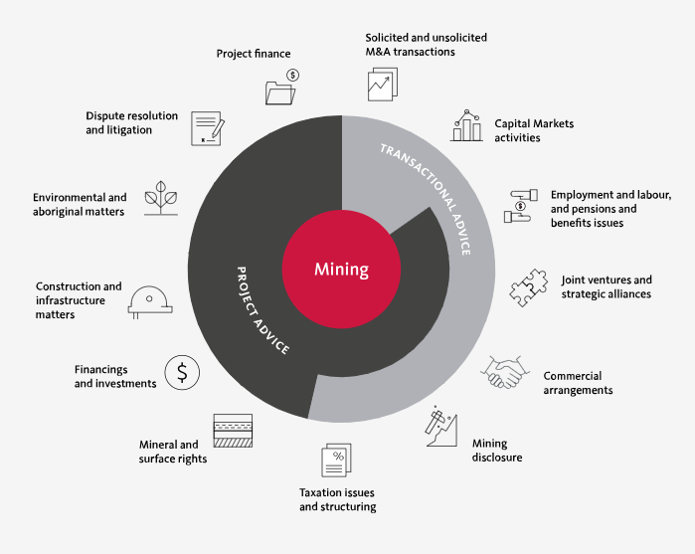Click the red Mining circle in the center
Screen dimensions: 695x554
point(341,270)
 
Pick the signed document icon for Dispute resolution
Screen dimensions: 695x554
point(208,128)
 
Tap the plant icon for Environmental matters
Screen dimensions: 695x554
point(161,198)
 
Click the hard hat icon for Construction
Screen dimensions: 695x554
point(150,302)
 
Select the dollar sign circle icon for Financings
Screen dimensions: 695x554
point(182,373)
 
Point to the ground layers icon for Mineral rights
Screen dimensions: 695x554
point(233,431)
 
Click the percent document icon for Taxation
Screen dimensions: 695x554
point(336,460)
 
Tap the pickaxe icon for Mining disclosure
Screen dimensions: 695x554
point(441,426)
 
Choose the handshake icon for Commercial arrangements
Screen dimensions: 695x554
point(505,372)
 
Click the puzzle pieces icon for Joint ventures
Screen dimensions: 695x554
point(528,287)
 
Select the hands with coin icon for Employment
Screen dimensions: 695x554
point(521,206)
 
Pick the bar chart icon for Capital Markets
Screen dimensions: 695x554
point(466,125)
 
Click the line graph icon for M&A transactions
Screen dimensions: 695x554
point(383,85)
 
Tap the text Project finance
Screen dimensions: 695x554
point(254,54)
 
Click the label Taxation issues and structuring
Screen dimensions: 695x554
point(338,499)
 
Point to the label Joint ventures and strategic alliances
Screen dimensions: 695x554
point(607,287)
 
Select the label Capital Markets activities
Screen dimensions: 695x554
point(534,130)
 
